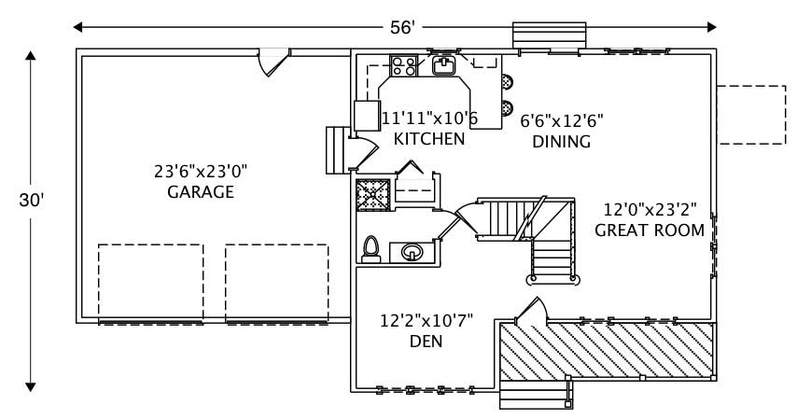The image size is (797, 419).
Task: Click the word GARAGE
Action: (200, 192)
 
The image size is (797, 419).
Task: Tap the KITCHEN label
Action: (428, 139)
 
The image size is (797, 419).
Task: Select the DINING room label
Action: (561, 142)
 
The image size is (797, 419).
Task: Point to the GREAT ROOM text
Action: (649, 230)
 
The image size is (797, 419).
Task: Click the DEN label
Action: (426, 342)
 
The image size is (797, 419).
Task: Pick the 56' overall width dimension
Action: (402, 27)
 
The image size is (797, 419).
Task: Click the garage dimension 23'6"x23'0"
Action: (201, 171)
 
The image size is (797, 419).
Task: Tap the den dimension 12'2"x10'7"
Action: (426, 321)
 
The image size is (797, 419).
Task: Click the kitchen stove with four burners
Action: (403, 66)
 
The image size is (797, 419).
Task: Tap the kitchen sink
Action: (443, 64)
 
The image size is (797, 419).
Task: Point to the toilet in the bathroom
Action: (371, 247)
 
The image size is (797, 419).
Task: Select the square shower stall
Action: (371, 196)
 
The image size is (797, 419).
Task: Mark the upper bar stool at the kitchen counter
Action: (507, 82)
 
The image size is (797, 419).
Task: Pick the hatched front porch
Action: (607, 350)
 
